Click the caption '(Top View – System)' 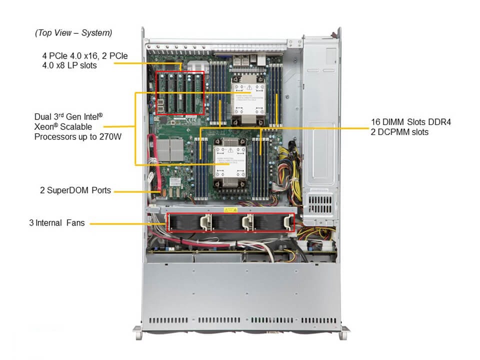pyautogui.click(x=73, y=33)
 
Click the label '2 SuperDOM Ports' pyautogui.click(x=75, y=190)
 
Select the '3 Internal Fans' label pyautogui.click(x=60, y=223)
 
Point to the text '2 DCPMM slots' pyautogui.click(x=399, y=132)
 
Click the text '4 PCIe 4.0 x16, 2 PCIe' pyautogui.click(x=84, y=56)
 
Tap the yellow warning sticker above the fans pyautogui.click(x=229, y=210)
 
